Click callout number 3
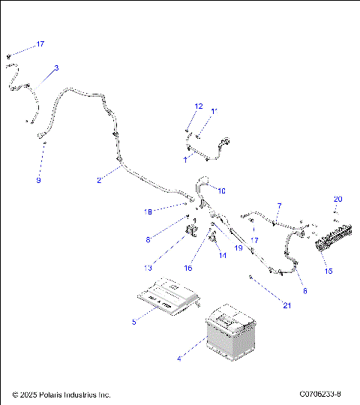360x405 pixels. pos(56,68)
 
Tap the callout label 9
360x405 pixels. pos(38,181)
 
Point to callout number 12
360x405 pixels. pos(199,106)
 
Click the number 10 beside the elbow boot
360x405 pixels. pos(221,191)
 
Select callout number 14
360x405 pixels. pos(222,256)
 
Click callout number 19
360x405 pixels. pos(238,247)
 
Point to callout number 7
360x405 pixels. pos(279,205)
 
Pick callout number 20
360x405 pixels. pos(337,199)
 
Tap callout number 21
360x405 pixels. pos(286,304)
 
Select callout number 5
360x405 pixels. pos(134,322)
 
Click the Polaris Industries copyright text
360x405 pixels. pos(61,394)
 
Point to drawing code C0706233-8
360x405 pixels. pos(319,394)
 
